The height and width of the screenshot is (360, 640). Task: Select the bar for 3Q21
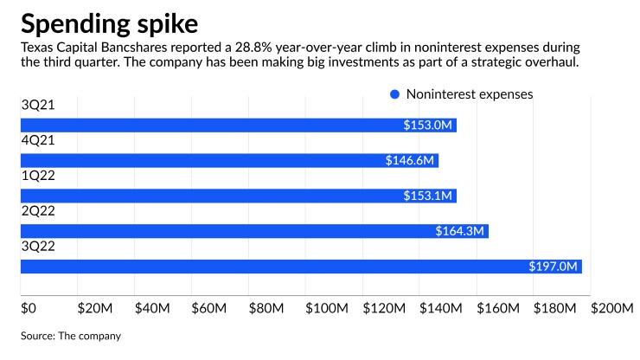tap(238, 125)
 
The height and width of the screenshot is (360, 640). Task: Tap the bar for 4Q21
tap(229, 161)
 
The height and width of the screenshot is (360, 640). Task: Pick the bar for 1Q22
tap(238, 196)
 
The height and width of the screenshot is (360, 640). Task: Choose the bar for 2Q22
tap(254, 231)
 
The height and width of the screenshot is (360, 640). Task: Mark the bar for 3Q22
tap(300, 267)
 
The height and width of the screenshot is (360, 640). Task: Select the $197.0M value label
tap(553, 267)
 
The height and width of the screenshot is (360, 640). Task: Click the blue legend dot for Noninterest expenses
tap(394, 93)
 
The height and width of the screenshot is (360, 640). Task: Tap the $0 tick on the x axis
tap(29, 307)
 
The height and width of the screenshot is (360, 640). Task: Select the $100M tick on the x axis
tap(325, 307)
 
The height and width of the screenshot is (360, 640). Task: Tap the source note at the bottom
tap(71, 335)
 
